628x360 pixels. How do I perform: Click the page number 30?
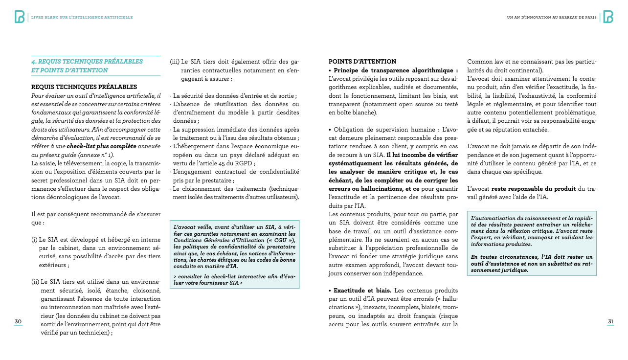18,321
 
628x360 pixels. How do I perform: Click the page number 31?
610,321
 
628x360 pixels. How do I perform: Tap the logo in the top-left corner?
20,17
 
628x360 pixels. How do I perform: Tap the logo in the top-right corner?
608,17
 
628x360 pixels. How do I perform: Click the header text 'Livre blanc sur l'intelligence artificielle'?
82,18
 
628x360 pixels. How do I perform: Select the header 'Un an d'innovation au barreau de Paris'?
551,18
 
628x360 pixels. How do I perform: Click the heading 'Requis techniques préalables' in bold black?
84,87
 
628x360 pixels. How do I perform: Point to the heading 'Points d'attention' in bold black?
362,62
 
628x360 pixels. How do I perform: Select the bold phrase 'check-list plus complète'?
101,146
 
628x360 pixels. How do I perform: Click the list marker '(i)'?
34,240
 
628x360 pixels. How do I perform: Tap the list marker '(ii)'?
35,282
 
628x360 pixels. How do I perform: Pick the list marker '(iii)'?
175,62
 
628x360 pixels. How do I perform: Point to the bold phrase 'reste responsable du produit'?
534,189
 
